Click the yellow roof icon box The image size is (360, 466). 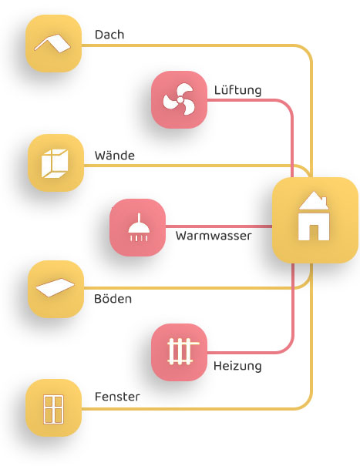tap(53, 43)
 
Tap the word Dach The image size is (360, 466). tap(109, 35)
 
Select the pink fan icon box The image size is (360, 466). tap(179, 99)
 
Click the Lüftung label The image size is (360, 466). tap(237, 90)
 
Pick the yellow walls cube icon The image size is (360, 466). tap(56, 163)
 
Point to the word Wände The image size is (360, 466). tap(115, 155)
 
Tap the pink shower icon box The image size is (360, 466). tap(137, 227)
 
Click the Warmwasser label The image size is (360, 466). tap(214, 236)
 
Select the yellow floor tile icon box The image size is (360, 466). tap(56, 289)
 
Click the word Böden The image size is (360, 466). tap(113, 298)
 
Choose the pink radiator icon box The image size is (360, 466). tap(179, 352)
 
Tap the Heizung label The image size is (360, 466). tap(237, 366)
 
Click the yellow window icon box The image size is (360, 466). tap(53, 407)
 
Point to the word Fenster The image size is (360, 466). tap(117, 397)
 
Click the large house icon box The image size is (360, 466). tap(315, 220)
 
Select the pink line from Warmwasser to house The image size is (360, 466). tap(219, 226)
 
